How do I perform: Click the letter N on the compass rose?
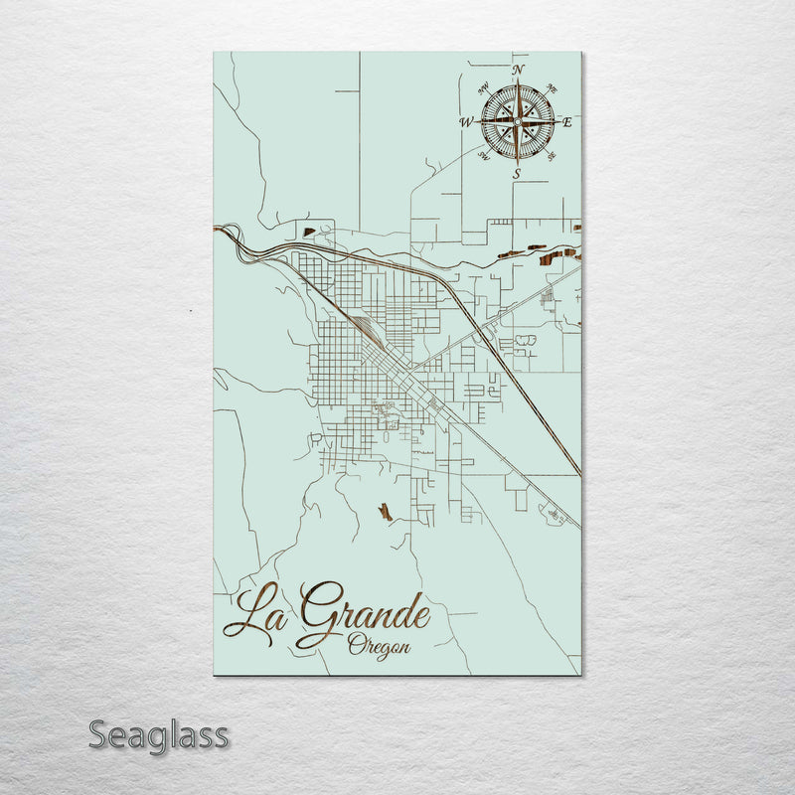coord(517,70)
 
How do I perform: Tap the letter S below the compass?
coord(517,174)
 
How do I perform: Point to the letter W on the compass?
coord(465,122)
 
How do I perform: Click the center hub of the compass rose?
coord(517,121)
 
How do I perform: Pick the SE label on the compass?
coord(551,156)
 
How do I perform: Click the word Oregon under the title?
coord(379,645)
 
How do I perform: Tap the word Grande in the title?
coord(364,612)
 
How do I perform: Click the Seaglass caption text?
coord(159,736)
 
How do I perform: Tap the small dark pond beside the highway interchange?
coord(308,233)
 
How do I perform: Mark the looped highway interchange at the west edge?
coord(233,236)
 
